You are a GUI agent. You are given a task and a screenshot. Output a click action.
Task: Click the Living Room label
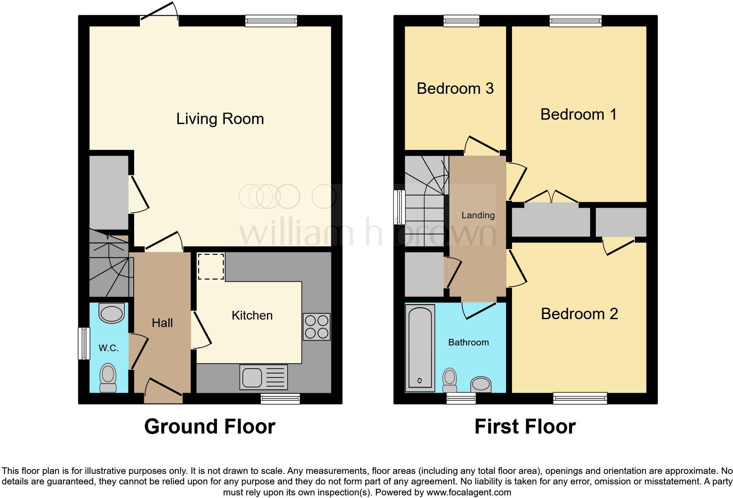pos(220,119)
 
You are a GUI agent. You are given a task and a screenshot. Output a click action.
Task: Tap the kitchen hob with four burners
pos(317,327)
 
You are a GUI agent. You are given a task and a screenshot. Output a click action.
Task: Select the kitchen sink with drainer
pos(263,377)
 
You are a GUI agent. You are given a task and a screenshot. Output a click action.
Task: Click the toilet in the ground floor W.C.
pos(108,378)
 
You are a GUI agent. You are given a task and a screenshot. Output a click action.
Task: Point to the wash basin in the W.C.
pos(112,313)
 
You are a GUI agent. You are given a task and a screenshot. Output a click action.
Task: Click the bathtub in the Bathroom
pos(420,349)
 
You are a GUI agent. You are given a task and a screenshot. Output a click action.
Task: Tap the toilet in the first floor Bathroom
pos(450,380)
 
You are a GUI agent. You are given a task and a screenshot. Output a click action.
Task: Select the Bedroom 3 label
pos(455,89)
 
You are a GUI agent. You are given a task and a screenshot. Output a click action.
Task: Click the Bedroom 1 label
pos(578,114)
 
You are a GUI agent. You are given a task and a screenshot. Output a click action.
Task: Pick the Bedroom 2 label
pos(579,314)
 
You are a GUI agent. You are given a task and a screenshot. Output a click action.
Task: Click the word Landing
pos(478,215)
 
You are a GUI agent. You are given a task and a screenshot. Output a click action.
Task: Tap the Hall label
pos(162,323)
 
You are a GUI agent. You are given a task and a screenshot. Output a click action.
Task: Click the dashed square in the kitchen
pos(211,267)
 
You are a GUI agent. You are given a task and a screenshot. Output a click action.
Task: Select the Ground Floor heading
pos(210,427)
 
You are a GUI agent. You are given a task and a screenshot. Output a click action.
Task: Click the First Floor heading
pos(525,427)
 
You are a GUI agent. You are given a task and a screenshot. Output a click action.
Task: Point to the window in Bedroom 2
pos(580,398)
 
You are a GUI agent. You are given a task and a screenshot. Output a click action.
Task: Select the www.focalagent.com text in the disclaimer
pos(468,492)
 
